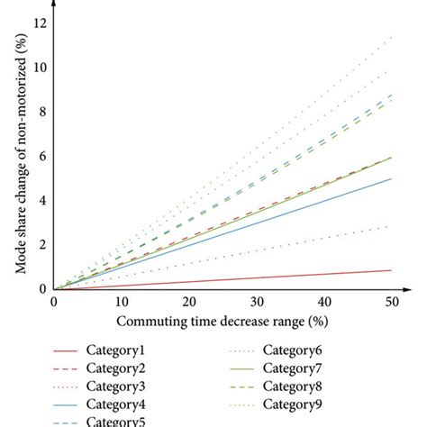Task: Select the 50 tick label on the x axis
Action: pos(391,303)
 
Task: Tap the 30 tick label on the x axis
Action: pos(256,303)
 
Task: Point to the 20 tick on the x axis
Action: pos(188,303)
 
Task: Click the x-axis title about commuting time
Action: pos(222,322)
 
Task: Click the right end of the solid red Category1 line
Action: pos(391,270)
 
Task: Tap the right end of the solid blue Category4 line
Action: pos(391,178)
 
